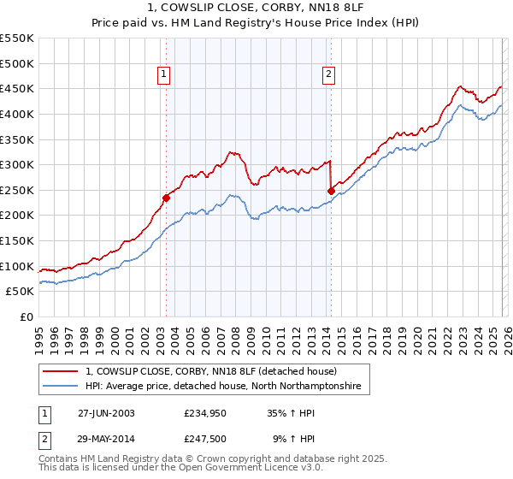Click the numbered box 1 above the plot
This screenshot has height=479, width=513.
(x=164, y=75)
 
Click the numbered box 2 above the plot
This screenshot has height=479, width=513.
(x=329, y=75)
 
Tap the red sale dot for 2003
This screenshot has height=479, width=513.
(x=167, y=198)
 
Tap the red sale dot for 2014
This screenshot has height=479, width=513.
(x=331, y=191)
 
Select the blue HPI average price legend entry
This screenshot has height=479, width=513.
(x=223, y=387)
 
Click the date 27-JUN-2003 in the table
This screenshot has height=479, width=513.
(x=106, y=412)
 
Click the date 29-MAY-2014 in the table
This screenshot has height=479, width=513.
(x=106, y=440)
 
